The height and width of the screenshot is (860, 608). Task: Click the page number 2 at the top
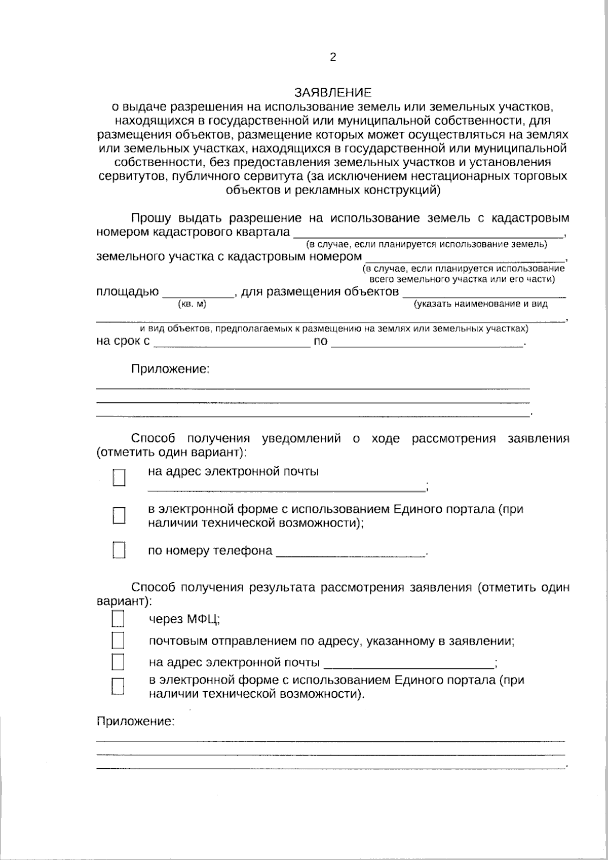tap(333, 57)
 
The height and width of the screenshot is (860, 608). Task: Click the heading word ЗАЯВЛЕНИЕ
tap(333, 93)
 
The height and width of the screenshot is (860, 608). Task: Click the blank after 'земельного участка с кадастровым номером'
tap(465, 257)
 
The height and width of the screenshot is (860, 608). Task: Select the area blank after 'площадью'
tap(197, 293)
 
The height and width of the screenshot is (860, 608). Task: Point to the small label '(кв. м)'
tap(192, 304)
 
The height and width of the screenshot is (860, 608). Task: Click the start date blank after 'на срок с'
tap(232, 343)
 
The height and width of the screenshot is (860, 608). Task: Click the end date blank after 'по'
tap(427, 343)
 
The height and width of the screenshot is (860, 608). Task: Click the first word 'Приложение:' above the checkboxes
tap(170, 369)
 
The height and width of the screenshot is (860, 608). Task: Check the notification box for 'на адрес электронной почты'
tap(119, 477)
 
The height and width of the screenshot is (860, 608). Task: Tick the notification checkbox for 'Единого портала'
tap(119, 515)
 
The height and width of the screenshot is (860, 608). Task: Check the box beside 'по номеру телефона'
tap(119, 550)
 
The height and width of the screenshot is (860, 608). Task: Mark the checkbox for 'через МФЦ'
tap(118, 619)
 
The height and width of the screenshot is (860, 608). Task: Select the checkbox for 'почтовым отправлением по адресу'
tap(118, 641)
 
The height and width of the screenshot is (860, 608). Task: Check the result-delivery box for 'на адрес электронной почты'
tap(118, 662)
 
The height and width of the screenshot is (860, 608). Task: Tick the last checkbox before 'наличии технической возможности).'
tap(118, 686)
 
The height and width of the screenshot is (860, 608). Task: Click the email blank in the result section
tap(409, 664)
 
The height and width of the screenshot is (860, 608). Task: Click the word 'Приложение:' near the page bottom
tap(135, 722)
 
